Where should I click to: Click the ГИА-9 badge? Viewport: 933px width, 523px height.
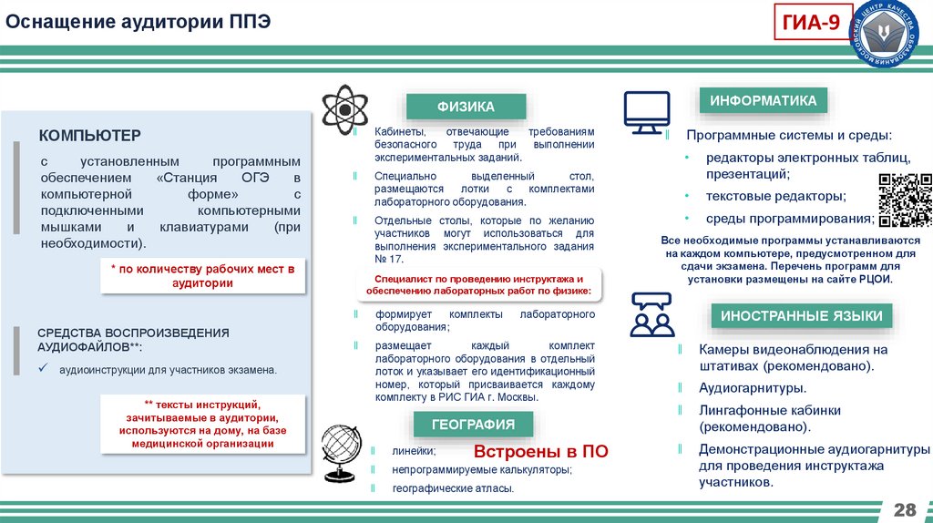813,25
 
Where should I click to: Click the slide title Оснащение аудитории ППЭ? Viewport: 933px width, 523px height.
138,21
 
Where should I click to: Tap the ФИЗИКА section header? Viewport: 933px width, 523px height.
466,107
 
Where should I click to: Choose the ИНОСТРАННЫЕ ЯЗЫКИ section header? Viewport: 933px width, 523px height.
801,316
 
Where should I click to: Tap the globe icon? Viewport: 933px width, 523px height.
343,453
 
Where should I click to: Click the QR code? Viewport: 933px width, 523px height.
905,199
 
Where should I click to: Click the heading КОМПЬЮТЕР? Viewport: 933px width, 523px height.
89,136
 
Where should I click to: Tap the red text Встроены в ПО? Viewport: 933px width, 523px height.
540,452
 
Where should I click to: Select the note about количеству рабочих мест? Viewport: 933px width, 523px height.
204,276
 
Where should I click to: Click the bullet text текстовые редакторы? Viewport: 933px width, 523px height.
775,196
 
